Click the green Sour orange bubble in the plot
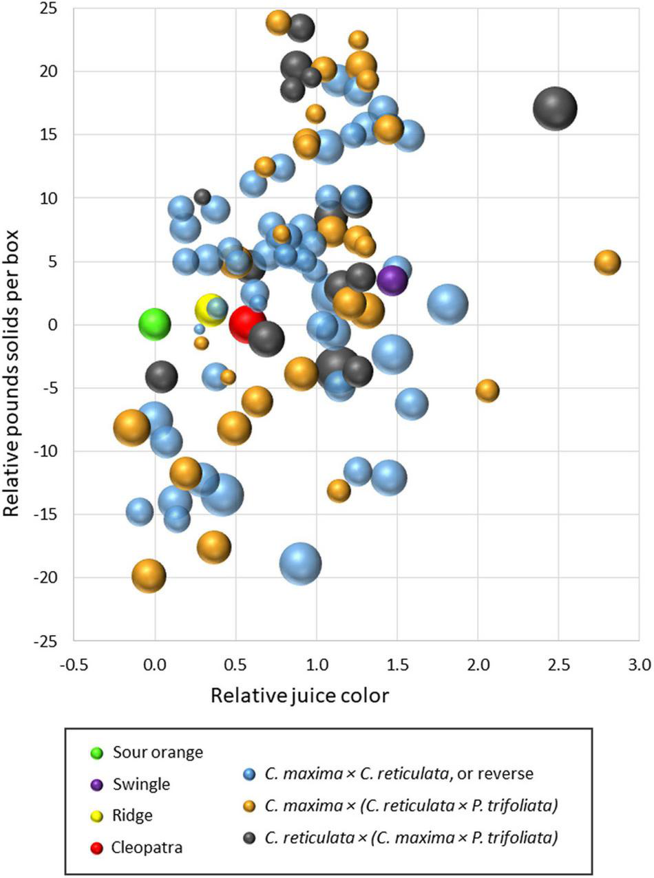click(155, 323)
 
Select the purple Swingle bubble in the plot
click(392, 280)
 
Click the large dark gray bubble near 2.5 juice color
click(555, 109)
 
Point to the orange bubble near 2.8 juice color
click(607, 262)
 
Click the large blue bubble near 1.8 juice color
click(447, 303)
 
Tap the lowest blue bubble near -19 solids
click(300, 564)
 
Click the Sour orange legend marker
click(97, 753)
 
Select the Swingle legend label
click(141, 784)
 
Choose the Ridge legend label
click(133, 815)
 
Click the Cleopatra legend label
click(147, 847)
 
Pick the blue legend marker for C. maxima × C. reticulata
click(251, 774)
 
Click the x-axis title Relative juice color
click(299, 695)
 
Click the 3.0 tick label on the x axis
click(640, 664)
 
